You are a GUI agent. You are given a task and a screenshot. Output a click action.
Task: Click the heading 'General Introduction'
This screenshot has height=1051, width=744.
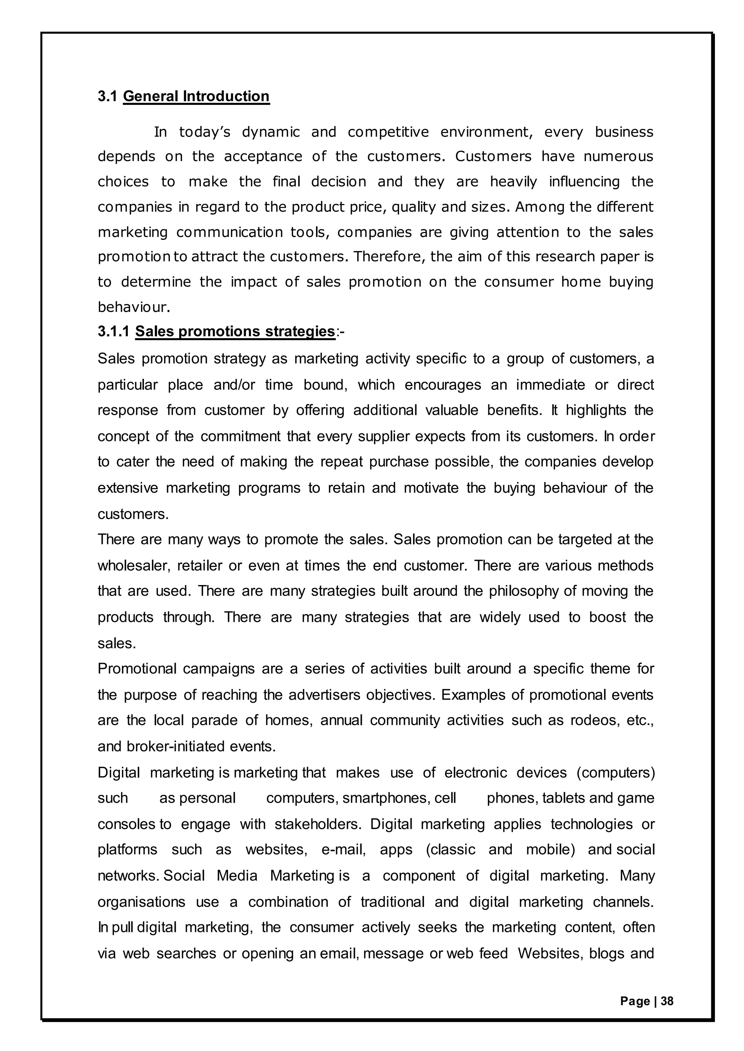196,97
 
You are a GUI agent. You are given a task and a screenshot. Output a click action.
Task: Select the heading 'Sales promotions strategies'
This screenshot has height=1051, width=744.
235,331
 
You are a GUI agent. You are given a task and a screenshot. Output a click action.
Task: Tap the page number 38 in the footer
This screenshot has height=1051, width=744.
667,1001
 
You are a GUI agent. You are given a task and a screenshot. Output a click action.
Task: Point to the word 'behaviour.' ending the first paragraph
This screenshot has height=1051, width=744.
134,307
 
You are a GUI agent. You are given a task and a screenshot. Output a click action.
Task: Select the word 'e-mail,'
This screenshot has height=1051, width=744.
343,850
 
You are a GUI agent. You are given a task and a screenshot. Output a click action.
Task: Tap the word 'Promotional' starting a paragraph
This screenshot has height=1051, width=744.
137,669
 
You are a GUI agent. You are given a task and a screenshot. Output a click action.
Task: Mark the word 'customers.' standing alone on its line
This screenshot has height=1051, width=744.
133,514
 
